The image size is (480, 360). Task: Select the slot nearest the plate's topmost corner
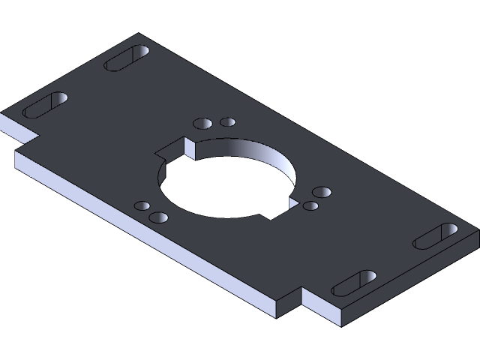(x=127, y=58)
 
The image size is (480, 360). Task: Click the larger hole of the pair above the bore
(x=202, y=123)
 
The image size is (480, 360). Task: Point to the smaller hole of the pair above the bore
(x=227, y=121)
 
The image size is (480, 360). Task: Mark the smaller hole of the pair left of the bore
(x=141, y=205)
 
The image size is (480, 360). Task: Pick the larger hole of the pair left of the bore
(x=158, y=217)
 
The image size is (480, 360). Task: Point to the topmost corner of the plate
(x=139, y=34)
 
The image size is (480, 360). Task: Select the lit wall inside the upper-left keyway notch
(x=189, y=149)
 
